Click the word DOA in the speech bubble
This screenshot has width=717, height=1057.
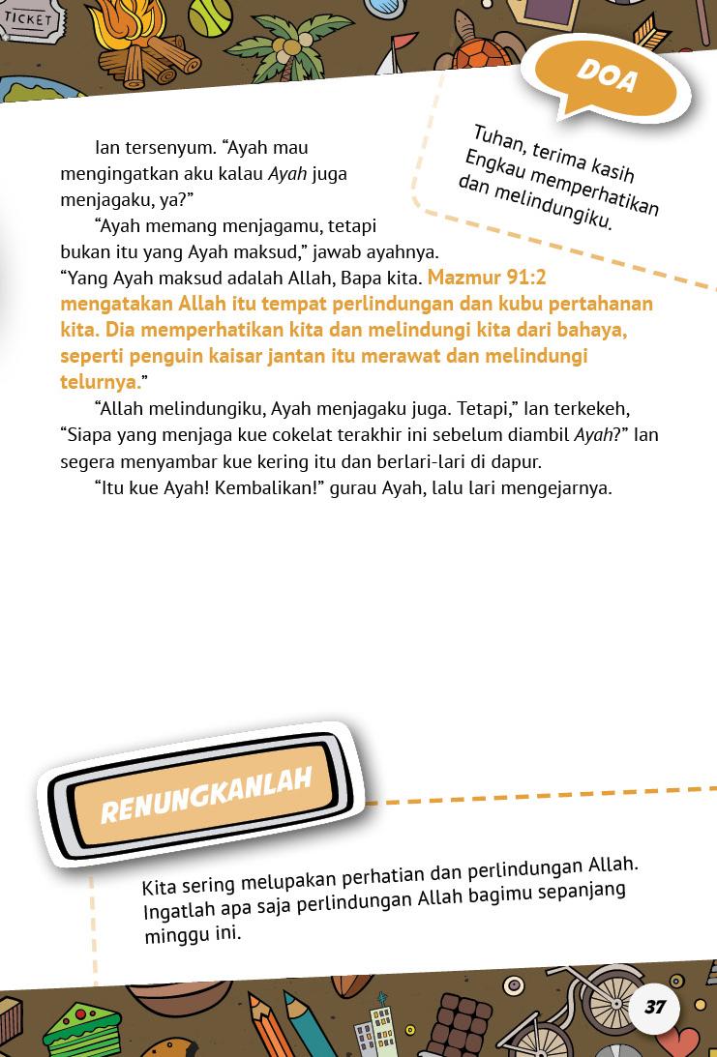608,75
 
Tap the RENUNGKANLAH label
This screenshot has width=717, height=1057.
206,795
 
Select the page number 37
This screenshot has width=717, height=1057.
655,1007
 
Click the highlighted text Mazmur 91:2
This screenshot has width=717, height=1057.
487,278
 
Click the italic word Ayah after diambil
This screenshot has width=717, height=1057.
593,434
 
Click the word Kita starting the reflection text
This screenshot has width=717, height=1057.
160,887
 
